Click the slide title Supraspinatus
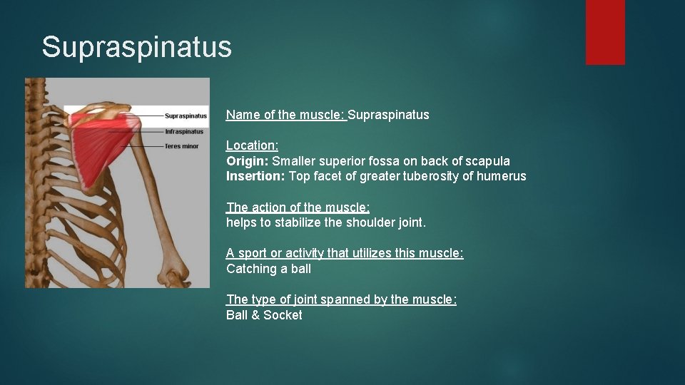(x=136, y=47)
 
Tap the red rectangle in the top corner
(x=604, y=32)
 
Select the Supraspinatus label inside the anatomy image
(x=186, y=115)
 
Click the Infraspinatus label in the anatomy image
(x=184, y=131)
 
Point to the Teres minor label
(x=181, y=146)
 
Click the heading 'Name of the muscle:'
(x=286, y=115)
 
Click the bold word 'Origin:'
(x=247, y=161)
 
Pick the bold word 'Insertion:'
(x=255, y=176)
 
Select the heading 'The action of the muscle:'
(x=298, y=207)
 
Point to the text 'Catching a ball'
(x=268, y=269)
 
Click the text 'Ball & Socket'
(x=264, y=315)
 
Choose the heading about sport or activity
(x=345, y=253)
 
